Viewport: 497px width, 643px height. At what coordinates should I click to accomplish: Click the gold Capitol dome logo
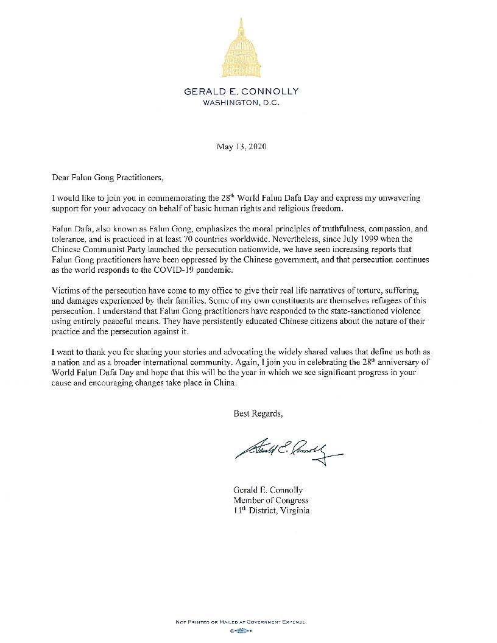[242, 49]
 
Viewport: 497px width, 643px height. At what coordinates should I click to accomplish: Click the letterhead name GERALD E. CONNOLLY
[242, 91]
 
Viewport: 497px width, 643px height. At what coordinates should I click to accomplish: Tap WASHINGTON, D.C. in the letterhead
[242, 102]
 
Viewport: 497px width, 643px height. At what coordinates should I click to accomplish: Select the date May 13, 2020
[242, 147]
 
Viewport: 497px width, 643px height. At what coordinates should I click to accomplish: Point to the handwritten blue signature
[286, 450]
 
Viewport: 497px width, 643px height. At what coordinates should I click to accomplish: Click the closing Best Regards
[258, 413]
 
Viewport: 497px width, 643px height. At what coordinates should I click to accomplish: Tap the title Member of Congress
[267, 500]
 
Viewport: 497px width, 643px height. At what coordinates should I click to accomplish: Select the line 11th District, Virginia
[272, 510]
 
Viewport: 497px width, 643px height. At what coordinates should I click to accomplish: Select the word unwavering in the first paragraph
[397, 199]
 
